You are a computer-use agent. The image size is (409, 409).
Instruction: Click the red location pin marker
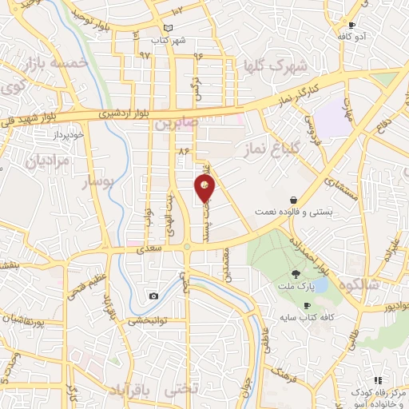(x=205, y=188)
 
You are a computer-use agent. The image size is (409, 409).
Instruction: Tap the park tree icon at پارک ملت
(x=296, y=274)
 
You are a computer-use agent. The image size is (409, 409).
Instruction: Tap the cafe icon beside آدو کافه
(x=351, y=25)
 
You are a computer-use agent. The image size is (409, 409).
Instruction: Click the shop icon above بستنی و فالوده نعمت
(x=294, y=200)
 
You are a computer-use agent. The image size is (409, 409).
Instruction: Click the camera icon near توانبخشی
(x=153, y=296)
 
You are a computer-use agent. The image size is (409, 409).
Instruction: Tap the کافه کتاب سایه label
(x=306, y=319)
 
